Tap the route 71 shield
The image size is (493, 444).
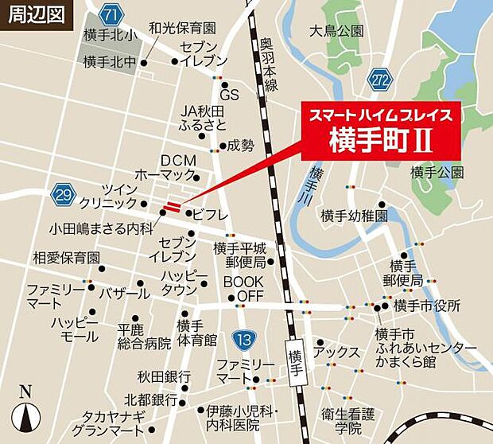(113, 15)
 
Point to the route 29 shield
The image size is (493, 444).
(60, 193)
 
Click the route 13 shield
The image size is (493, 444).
(243, 340)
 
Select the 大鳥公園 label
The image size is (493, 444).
(337, 32)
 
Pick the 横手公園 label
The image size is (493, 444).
(437, 172)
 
